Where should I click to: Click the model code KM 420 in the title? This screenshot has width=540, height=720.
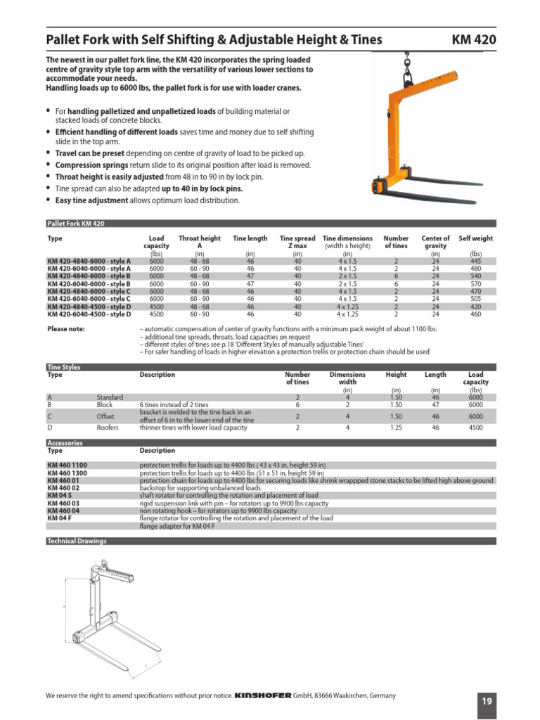(x=473, y=40)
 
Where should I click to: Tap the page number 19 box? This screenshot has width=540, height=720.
(x=487, y=700)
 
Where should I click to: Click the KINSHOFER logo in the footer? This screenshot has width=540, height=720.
(x=262, y=695)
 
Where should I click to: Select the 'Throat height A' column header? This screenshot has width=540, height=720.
(x=200, y=243)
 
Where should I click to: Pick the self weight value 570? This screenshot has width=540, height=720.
(x=476, y=283)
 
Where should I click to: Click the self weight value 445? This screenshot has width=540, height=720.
(x=476, y=260)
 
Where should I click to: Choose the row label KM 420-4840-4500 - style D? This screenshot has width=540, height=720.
(x=89, y=307)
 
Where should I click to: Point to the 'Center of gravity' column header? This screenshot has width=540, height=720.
(x=435, y=243)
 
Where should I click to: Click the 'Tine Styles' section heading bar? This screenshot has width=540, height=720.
(x=63, y=367)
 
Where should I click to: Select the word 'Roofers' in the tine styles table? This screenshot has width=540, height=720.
(x=108, y=427)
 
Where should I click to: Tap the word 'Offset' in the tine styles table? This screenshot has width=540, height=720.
(x=106, y=416)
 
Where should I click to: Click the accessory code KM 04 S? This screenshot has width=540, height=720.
(x=59, y=495)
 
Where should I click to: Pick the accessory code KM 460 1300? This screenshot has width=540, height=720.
(x=67, y=472)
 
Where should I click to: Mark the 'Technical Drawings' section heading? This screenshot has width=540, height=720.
(x=76, y=541)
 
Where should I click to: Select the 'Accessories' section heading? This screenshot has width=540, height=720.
(x=65, y=443)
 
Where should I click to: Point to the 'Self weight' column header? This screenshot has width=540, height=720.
(x=476, y=238)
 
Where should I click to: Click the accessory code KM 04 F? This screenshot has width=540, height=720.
(x=59, y=517)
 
